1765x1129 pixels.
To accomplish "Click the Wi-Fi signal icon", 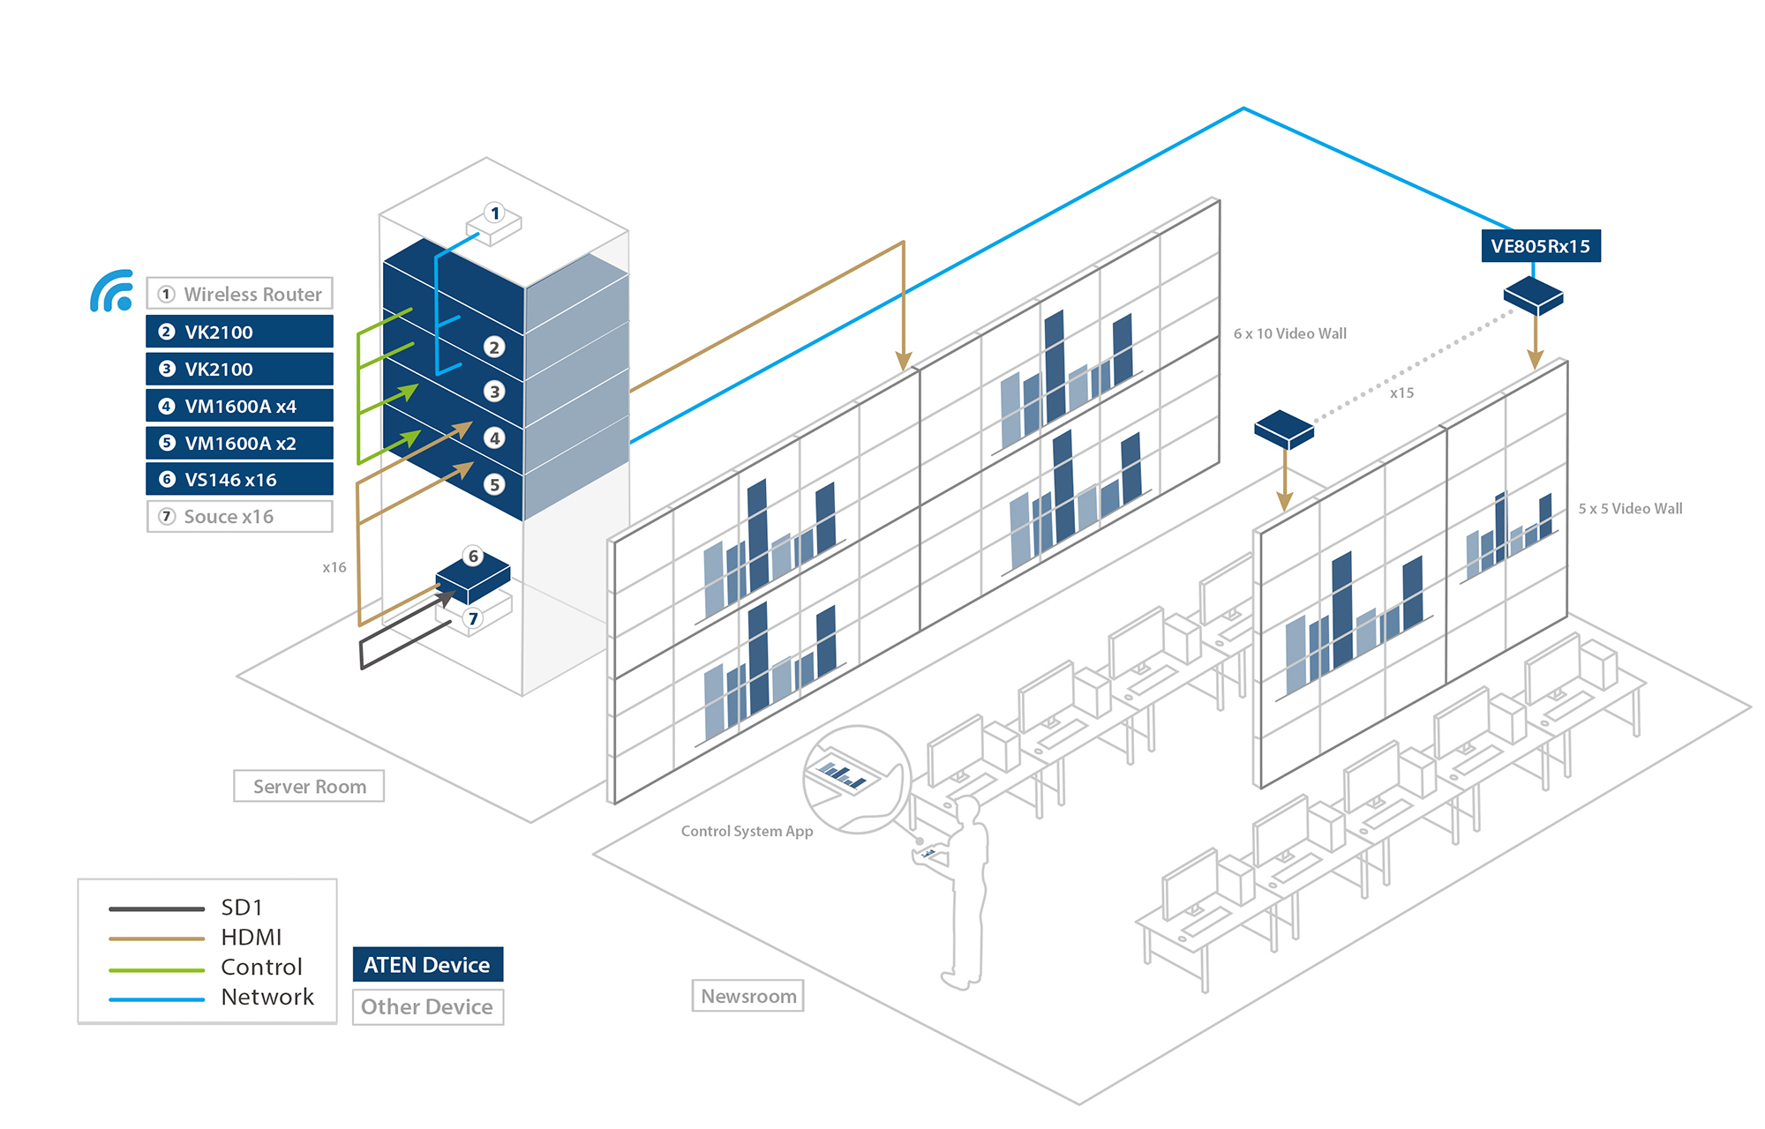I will click(x=112, y=292).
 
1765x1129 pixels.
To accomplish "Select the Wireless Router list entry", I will click(x=240, y=294).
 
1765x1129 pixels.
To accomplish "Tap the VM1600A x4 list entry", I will click(x=240, y=407).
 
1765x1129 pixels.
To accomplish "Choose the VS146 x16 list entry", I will click(x=240, y=480).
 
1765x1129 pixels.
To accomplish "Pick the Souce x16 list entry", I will click(x=240, y=517).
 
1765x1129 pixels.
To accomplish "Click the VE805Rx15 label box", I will click(x=1540, y=246).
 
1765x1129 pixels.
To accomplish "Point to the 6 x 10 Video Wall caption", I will click(x=1289, y=333).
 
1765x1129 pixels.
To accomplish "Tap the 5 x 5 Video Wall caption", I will click(x=1630, y=509).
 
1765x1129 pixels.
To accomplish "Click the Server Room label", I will click(x=309, y=786).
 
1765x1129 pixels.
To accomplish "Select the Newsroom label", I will click(x=748, y=996).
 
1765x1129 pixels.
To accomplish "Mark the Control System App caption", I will click(x=747, y=831).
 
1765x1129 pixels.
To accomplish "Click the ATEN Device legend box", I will click(x=428, y=965).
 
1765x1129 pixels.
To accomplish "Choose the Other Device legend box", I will click(x=428, y=1007).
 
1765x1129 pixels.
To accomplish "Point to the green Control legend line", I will click(x=156, y=969).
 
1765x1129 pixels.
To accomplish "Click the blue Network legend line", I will click(x=156, y=999).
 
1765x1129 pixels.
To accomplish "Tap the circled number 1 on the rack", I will click(x=495, y=213).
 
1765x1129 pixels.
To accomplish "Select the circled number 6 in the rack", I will click(x=474, y=557).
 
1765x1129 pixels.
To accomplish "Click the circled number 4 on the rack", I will click(x=494, y=437).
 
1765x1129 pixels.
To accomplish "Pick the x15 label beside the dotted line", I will click(x=1401, y=393).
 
